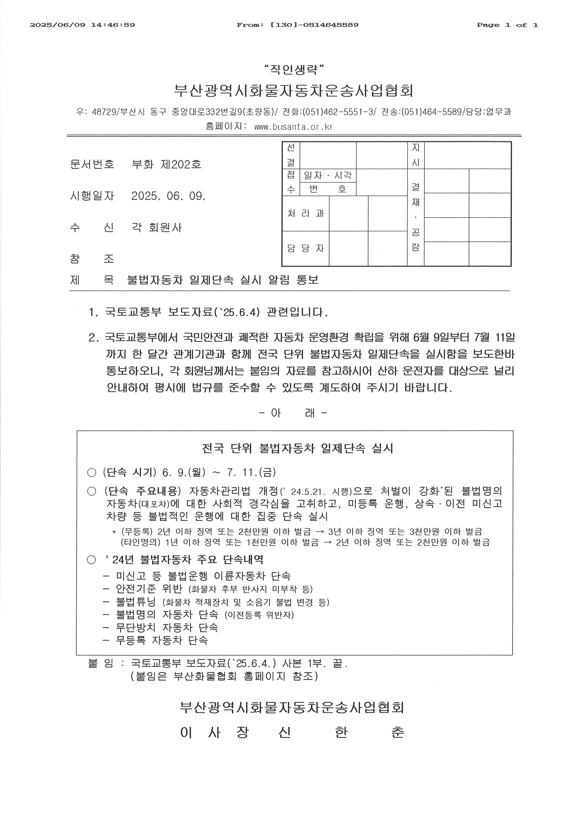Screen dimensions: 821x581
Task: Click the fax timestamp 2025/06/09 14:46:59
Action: pyautogui.click(x=82, y=25)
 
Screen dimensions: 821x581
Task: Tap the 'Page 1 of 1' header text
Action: pyautogui.click(x=507, y=25)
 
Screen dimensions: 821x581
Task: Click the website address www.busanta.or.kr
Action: pyautogui.click(x=293, y=127)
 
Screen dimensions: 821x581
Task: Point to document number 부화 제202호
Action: pyautogui.click(x=166, y=165)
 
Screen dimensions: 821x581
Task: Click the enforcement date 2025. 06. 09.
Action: pyautogui.click(x=168, y=196)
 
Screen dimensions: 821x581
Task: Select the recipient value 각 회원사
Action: pyautogui.click(x=157, y=227)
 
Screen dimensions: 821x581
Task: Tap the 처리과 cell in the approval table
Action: pyautogui.click(x=305, y=214)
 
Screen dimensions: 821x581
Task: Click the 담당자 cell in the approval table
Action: pyautogui.click(x=305, y=249)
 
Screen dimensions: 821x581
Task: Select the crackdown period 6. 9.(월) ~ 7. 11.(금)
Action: pyautogui.click(x=219, y=472)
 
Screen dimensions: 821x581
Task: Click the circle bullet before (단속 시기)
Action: pyautogui.click(x=92, y=473)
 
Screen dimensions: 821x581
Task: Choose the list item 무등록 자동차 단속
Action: pyautogui.click(x=162, y=640)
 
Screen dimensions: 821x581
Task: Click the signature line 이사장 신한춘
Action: pyautogui.click(x=292, y=733)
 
